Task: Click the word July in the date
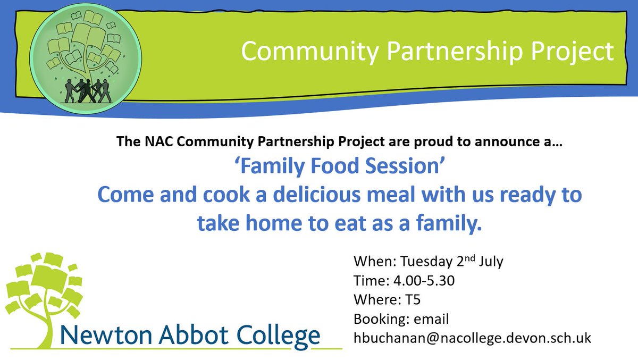[x=490, y=262]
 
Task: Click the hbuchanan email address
[x=472, y=338]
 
